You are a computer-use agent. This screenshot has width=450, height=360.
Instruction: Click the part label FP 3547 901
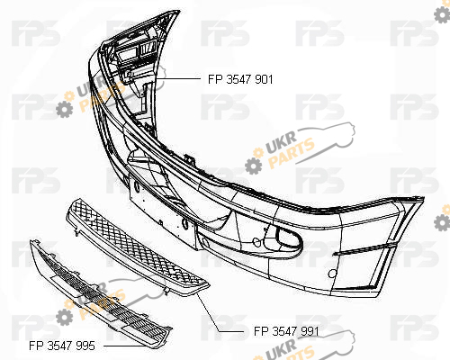point(240,79)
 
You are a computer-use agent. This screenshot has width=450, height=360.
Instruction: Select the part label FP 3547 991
point(286,331)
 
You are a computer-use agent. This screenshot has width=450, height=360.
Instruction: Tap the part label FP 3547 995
point(62,346)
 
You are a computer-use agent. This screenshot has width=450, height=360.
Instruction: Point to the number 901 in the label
point(264,79)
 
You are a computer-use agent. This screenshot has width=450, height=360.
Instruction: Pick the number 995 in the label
point(85,346)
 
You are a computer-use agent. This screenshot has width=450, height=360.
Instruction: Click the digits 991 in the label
point(310,331)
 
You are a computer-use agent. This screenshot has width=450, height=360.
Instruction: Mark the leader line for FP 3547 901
point(178,78)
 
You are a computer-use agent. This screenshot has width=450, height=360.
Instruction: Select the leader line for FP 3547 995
point(129,346)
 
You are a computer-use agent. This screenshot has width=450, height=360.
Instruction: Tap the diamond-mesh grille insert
point(137,248)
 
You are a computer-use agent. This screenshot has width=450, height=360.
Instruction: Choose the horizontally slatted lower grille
point(101,294)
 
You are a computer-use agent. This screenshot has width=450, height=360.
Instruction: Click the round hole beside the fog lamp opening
point(256,242)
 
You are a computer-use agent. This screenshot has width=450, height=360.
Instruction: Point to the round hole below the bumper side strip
point(332,274)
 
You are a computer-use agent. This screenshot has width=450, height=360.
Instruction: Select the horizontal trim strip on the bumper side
point(364,249)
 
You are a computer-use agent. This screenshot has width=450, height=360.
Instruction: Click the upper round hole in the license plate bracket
point(137,187)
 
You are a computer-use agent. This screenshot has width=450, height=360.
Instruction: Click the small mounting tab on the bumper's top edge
point(190,158)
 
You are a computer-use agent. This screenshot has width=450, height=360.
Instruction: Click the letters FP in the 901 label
point(215,79)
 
